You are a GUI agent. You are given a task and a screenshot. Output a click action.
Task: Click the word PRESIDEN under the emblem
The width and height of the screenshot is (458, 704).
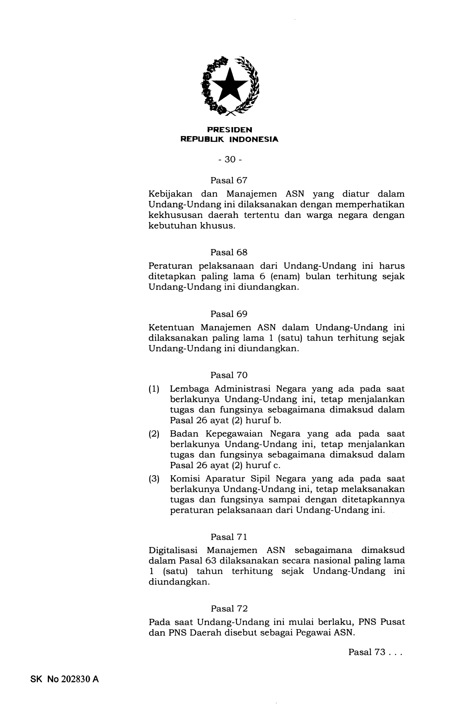(230, 130)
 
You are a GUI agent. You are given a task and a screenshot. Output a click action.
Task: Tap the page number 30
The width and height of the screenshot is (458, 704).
(230, 160)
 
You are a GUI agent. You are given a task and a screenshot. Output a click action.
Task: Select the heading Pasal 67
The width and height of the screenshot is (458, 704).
(228, 180)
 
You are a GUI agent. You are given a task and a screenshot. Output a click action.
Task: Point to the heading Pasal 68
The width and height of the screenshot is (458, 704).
(228, 252)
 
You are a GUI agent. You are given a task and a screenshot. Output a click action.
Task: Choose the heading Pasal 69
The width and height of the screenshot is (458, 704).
(228, 314)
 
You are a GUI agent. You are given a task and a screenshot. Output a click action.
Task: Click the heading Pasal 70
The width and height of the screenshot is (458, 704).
(228, 375)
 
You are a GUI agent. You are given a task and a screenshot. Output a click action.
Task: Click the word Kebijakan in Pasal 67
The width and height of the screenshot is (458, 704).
(170, 194)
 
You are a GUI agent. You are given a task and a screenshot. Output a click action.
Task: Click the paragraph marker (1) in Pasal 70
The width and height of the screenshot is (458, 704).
(154, 389)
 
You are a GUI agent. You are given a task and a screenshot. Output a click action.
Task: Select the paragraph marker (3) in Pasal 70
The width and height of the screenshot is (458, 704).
(154, 479)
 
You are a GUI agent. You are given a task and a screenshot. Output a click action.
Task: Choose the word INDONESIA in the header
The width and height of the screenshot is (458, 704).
(254, 139)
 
